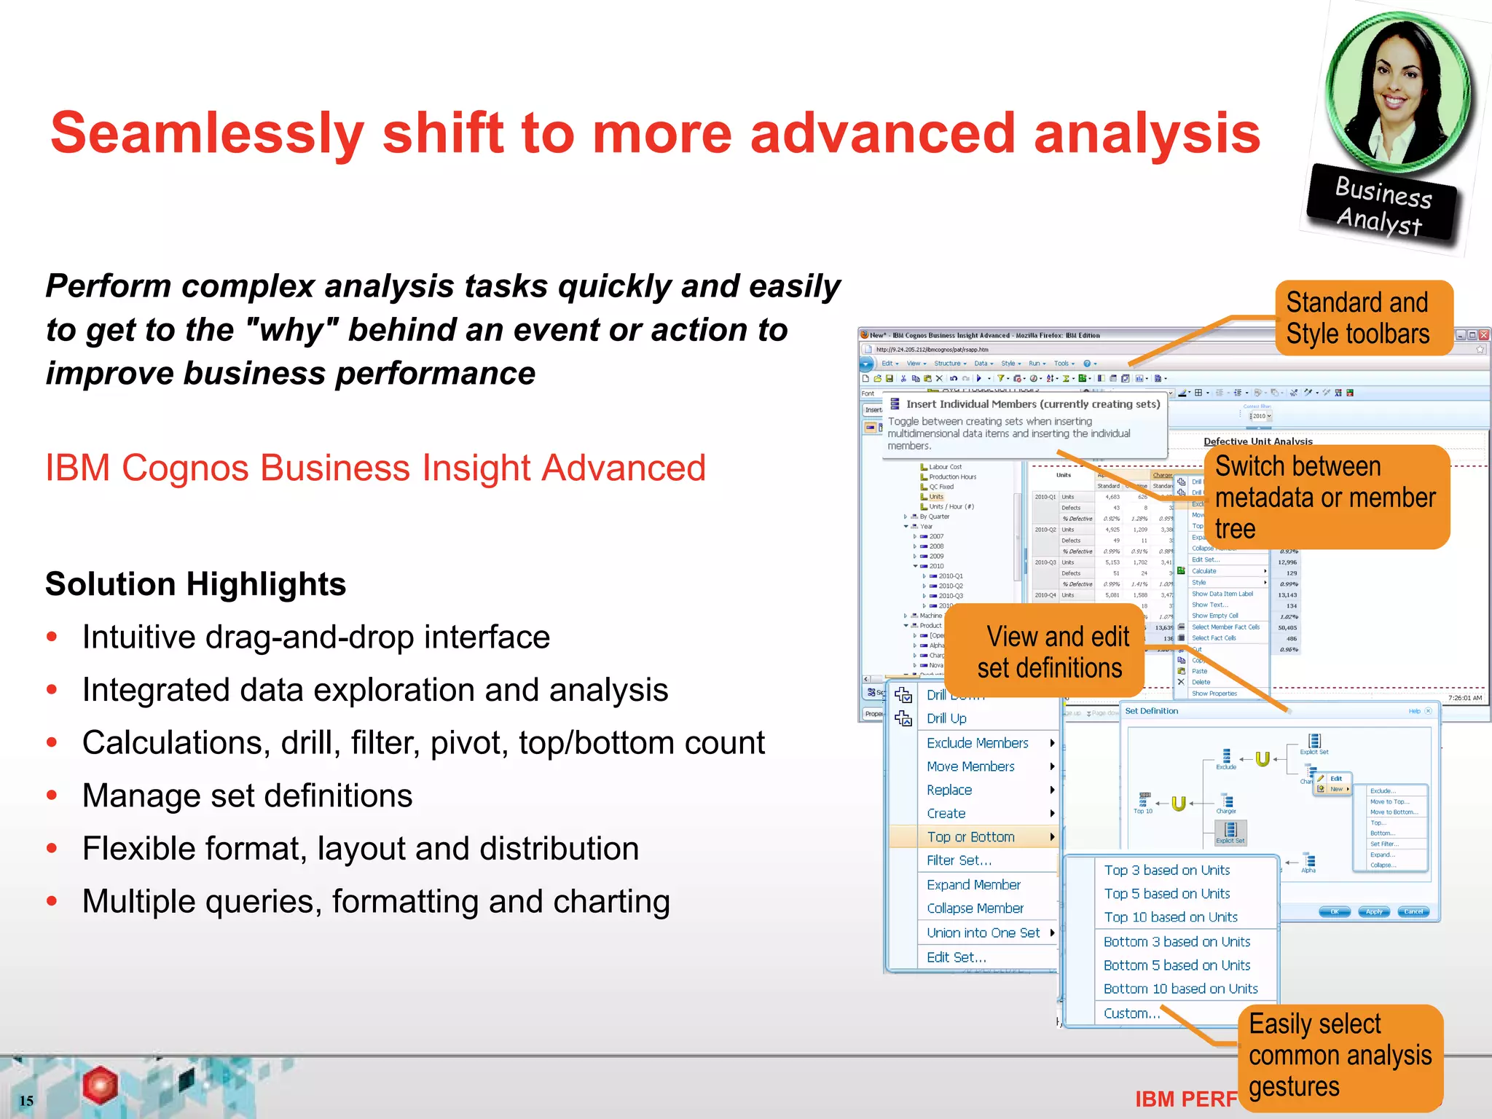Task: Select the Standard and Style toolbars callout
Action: (x=1362, y=318)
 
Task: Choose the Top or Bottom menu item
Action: (x=970, y=837)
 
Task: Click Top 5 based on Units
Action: (x=1166, y=894)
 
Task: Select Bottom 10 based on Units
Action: (x=1180, y=989)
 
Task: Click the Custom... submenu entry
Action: (x=1131, y=1013)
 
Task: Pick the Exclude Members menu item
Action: (x=977, y=743)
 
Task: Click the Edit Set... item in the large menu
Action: (x=956, y=957)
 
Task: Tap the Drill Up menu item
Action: (x=946, y=718)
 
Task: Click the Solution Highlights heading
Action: (x=195, y=584)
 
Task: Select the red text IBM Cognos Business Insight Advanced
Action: (x=375, y=468)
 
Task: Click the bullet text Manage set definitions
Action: (x=247, y=796)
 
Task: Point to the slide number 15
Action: (x=26, y=1101)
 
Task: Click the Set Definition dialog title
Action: (x=1151, y=711)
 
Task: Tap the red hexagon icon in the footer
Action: (x=100, y=1085)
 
